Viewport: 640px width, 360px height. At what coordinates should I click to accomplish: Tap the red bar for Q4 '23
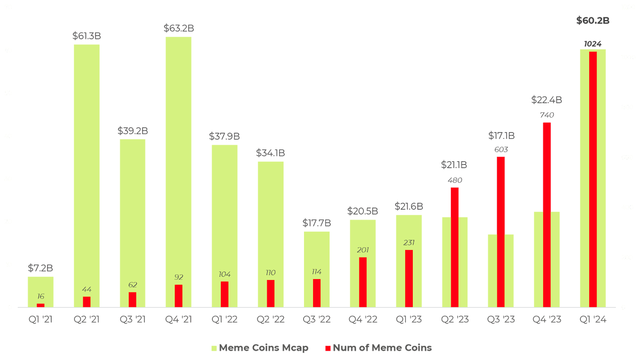(x=547, y=215)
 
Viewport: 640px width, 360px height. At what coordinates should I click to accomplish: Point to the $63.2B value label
(x=179, y=28)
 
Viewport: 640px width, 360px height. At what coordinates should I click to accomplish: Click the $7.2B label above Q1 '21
(x=40, y=268)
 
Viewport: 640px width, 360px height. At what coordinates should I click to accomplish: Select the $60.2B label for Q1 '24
(x=593, y=21)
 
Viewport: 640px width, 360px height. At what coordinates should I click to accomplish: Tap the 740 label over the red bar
(x=547, y=115)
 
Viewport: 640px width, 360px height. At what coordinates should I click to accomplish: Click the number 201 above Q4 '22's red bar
(x=363, y=250)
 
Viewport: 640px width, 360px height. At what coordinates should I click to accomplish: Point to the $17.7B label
(x=317, y=223)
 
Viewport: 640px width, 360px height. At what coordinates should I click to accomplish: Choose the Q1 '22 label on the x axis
(x=224, y=320)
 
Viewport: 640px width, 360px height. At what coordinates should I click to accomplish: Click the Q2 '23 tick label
(x=455, y=320)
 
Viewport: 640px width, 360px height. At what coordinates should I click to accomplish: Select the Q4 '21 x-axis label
(x=178, y=320)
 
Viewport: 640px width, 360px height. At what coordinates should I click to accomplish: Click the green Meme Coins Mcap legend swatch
(x=214, y=349)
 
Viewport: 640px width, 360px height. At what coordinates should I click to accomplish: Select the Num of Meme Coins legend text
(x=382, y=348)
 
